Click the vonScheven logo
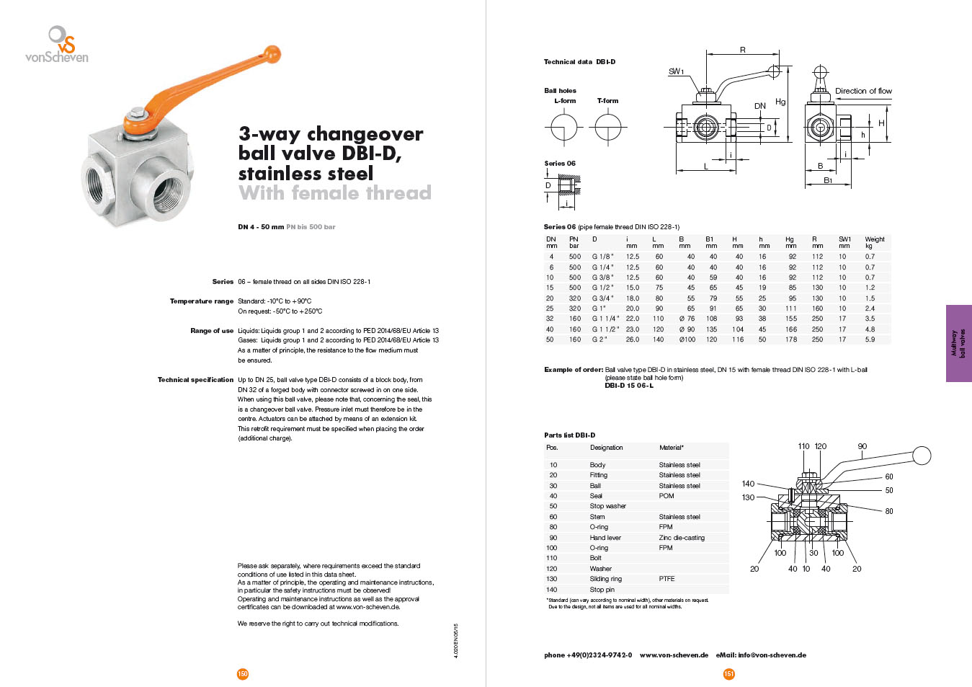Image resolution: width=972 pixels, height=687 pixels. click(57, 45)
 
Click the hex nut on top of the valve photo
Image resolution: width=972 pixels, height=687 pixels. click(135, 114)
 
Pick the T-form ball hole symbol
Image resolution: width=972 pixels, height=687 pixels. click(608, 128)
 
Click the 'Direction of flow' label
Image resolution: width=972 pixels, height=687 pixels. click(863, 91)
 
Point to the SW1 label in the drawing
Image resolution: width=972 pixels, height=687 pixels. click(676, 71)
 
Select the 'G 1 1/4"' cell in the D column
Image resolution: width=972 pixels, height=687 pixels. click(605, 319)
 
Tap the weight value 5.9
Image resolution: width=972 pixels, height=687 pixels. click(870, 340)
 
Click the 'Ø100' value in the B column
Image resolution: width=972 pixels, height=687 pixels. click(687, 340)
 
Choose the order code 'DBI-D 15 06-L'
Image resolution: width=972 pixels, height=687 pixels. click(629, 386)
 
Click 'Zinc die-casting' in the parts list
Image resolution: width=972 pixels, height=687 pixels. click(682, 538)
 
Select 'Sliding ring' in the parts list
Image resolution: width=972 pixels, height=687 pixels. click(605, 579)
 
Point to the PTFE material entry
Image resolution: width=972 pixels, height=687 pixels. click(666, 579)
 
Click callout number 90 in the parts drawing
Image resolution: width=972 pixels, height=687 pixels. click(862, 446)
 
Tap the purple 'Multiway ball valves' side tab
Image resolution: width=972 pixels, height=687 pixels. click(958, 343)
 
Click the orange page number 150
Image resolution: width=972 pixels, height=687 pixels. click(243, 674)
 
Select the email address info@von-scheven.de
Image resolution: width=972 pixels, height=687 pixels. click(771, 655)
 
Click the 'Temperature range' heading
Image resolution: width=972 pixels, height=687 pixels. click(202, 301)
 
